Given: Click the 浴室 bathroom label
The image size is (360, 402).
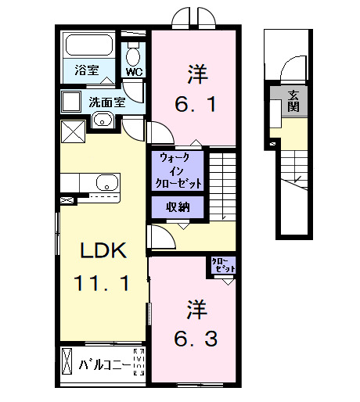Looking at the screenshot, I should [x=87, y=70].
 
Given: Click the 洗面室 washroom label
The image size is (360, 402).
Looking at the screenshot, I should [x=106, y=101].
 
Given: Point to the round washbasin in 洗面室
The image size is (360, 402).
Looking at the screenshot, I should [x=101, y=120].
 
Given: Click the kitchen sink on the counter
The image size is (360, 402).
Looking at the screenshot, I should [x=106, y=184].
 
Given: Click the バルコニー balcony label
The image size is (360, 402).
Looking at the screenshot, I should [x=103, y=364].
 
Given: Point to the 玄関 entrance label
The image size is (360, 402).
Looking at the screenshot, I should [x=293, y=101].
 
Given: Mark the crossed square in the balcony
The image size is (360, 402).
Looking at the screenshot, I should [x=67, y=364].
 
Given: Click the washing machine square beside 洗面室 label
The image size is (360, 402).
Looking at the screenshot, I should [x=73, y=101].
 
